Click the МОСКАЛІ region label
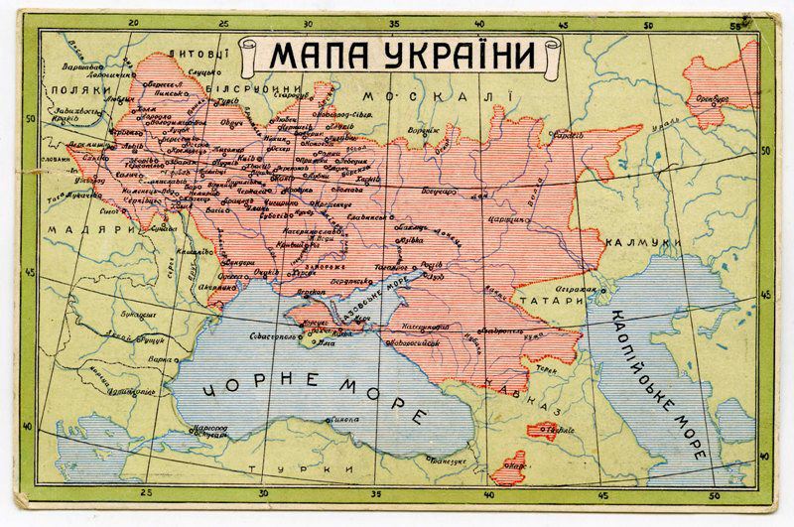436,95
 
